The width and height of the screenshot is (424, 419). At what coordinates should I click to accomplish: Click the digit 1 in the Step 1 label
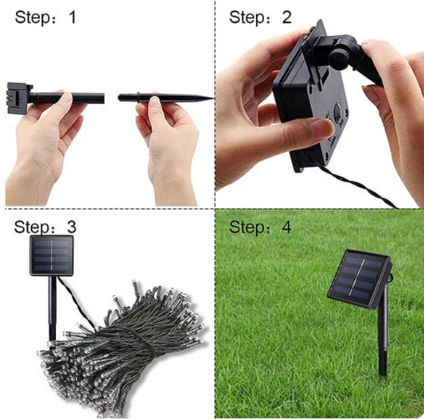pos(72,17)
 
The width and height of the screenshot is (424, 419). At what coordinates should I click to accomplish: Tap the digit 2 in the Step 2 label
pos(286,17)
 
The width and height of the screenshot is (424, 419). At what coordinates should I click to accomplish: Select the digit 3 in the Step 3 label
pos(72,227)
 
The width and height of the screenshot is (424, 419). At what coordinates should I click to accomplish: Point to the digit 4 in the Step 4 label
pos(286,227)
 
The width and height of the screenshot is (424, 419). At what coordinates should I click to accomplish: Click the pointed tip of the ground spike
pos(213,98)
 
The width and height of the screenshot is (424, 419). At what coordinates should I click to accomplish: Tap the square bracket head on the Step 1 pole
pos(18,95)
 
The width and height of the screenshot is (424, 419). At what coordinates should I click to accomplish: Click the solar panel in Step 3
pos(52,255)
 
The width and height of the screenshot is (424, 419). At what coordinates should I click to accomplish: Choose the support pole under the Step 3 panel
pos(53,308)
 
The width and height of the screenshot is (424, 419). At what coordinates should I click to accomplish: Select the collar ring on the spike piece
pos(138,97)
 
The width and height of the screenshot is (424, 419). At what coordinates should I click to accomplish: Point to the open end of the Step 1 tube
pos(103,99)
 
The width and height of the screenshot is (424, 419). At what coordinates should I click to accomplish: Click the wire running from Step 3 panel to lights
pos(77,302)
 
